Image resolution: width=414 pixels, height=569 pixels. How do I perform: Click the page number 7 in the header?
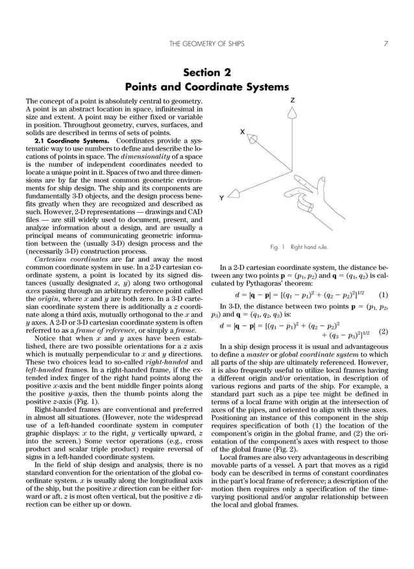tap(385, 44)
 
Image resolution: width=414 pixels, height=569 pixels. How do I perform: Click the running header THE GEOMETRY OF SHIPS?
tap(206, 44)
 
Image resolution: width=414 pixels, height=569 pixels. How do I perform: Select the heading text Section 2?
tap(206, 73)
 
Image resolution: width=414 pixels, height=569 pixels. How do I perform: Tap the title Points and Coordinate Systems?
tap(206, 86)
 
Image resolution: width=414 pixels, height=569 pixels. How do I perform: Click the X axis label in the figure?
tap(242, 132)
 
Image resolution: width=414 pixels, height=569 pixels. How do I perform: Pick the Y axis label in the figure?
tap(223, 199)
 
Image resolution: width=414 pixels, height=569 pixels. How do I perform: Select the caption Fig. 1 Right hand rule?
tap(299, 247)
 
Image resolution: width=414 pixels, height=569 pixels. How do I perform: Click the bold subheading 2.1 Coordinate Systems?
tap(67, 140)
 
